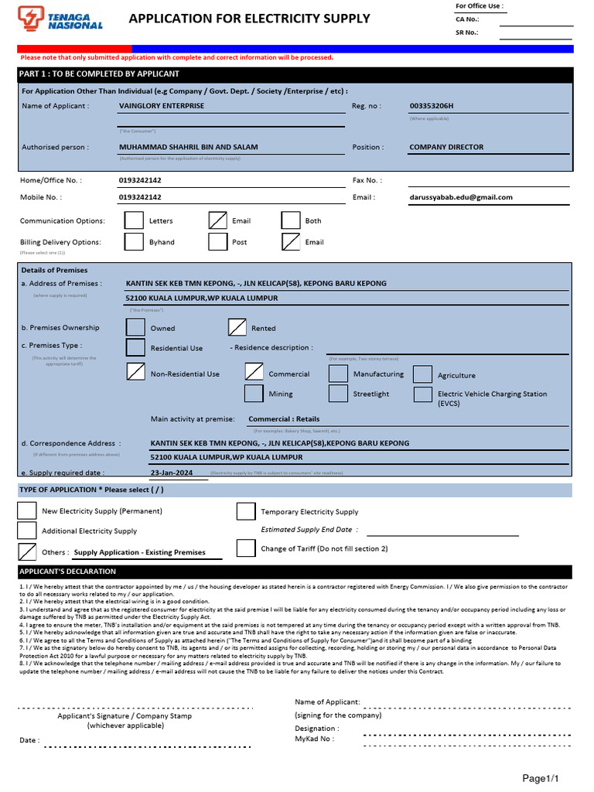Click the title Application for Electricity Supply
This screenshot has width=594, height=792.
(x=249, y=19)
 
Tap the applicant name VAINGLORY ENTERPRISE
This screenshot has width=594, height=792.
(x=162, y=106)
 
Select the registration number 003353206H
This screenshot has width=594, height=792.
(x=432, y=106)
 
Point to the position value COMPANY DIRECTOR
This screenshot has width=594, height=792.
(x=446, y=147)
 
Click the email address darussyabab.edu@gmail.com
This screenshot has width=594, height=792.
(x=461, y=197)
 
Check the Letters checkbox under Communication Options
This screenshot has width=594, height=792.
(x=134, y=220)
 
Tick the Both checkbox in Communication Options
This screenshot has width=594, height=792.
(x=290, y=220)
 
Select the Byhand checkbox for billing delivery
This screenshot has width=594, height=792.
(x=134, y=242)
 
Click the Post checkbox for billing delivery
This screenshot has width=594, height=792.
(x=217, y=242)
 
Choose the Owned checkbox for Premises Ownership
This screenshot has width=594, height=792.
(x=135, y=328)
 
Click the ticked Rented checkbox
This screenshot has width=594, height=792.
(x=237, y=328)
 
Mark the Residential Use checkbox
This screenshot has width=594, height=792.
(x=135, y=348)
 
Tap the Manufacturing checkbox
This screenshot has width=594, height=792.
(x=338, y=374)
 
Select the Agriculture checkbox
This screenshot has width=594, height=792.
(x=422, y=375)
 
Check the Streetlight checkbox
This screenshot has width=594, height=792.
(x=338, y=394)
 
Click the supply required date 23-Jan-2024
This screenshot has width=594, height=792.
(x=172, y=473)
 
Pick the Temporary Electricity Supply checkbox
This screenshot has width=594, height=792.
(x=246, y=511)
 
